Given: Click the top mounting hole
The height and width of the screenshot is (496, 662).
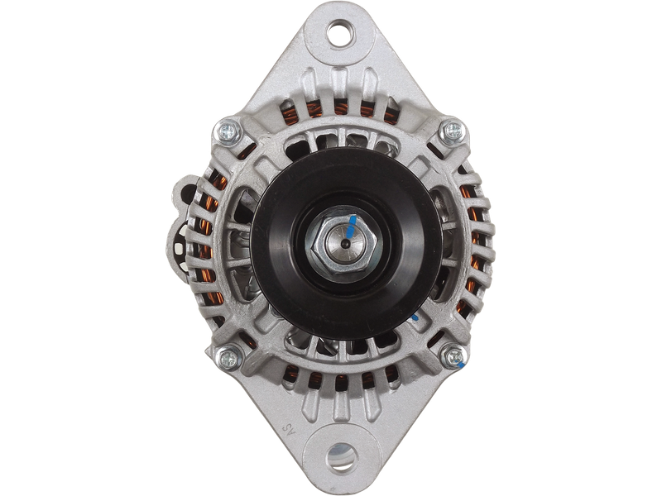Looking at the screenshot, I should click(340, 34).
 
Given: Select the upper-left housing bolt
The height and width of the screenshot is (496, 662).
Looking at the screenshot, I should click(227, 131).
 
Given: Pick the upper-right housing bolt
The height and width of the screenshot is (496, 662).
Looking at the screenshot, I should click(452, 131).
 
